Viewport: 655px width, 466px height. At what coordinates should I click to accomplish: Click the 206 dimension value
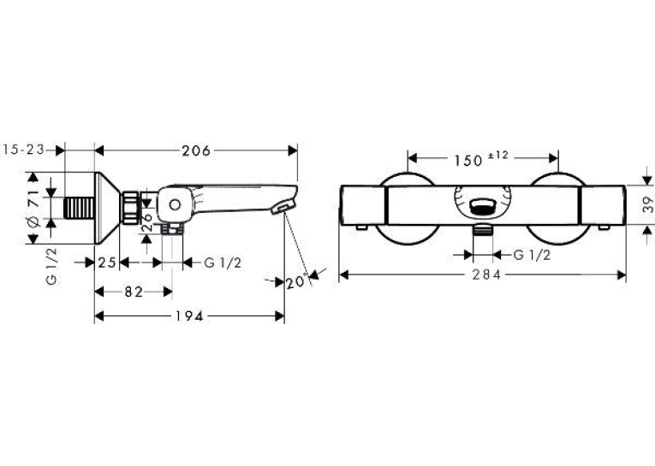[196, 150]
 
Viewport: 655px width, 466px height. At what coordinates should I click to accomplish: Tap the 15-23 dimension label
[23, 150]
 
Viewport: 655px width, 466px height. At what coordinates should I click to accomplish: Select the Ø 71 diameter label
[33, 208]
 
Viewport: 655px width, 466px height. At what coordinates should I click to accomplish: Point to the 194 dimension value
[189, 316]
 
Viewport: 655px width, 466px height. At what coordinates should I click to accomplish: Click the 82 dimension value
[134, 292]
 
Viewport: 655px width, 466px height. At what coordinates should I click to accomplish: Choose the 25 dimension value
[107, 262]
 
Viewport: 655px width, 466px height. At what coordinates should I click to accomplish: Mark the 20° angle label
[296, 282]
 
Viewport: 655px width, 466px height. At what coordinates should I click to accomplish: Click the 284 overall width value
[486, 275]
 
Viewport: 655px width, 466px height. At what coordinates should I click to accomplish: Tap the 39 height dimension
[647, 204]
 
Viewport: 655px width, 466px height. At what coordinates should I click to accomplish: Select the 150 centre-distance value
[467, 161]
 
